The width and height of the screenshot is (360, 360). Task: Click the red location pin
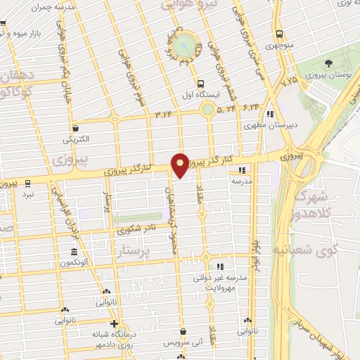point(180,165)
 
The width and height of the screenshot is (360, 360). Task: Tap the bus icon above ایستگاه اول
point(202,82)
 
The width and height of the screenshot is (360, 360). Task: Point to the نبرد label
point(27,193)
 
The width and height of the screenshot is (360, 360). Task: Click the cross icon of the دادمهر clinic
point(115,324)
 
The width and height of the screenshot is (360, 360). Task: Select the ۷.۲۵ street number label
point(289,82)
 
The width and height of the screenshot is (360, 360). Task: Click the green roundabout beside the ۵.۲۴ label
point(208,110)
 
